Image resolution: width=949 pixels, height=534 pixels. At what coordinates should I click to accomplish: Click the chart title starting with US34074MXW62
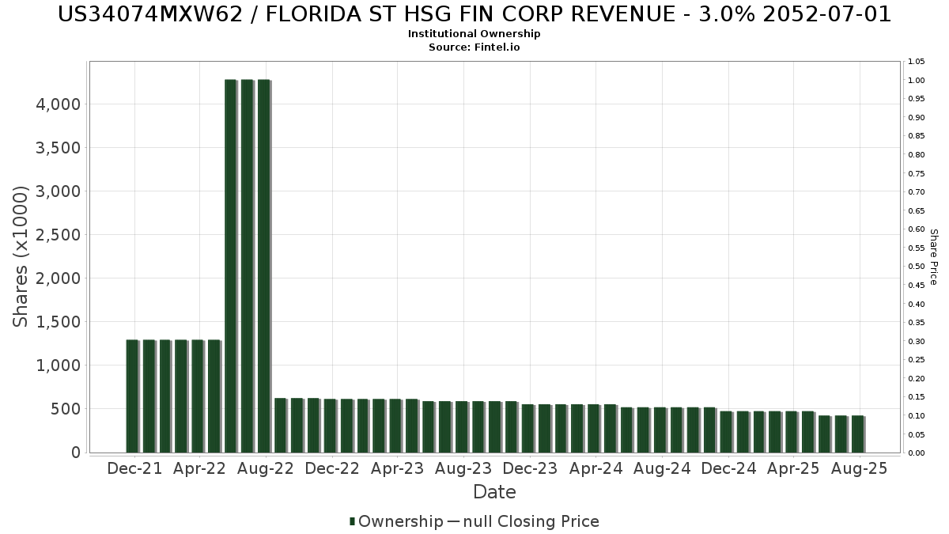475,14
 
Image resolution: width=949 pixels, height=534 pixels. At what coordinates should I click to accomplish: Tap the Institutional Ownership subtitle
475,34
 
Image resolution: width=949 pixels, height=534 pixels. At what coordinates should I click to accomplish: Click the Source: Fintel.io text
475,47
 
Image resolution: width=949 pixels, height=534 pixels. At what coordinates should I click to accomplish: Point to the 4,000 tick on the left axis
60,104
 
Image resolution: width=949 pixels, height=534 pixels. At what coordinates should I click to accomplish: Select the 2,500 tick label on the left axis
60,235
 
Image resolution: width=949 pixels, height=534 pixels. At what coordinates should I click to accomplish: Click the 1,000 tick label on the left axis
60,365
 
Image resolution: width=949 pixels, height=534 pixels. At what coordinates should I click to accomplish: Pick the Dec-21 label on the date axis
134,468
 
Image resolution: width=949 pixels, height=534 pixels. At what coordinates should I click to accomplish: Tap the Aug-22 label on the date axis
267,468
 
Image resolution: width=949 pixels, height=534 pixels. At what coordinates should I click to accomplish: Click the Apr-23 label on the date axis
398,468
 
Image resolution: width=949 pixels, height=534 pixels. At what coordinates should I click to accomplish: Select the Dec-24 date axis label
728,468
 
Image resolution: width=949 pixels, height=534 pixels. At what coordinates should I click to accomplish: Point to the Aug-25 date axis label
860,468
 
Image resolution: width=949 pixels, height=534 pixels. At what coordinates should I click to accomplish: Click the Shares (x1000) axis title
22,256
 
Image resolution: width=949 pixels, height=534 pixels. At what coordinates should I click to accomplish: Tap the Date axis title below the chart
494,492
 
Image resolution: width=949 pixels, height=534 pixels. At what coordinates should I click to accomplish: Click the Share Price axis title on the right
933,256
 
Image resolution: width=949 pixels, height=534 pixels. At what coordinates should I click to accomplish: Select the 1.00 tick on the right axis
917,81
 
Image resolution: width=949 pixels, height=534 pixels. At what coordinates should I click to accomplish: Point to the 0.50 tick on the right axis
917,267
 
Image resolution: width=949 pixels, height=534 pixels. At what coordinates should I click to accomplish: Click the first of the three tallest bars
230,266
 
